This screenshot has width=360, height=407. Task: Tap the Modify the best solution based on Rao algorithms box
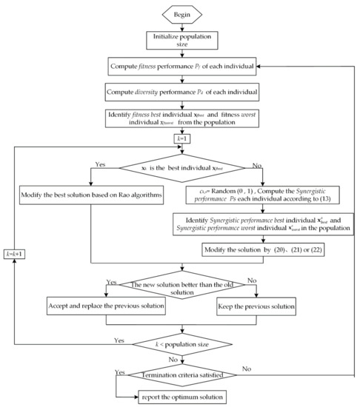click(90, 197)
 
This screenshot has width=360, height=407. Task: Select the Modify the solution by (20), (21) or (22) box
click(249, 250)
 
